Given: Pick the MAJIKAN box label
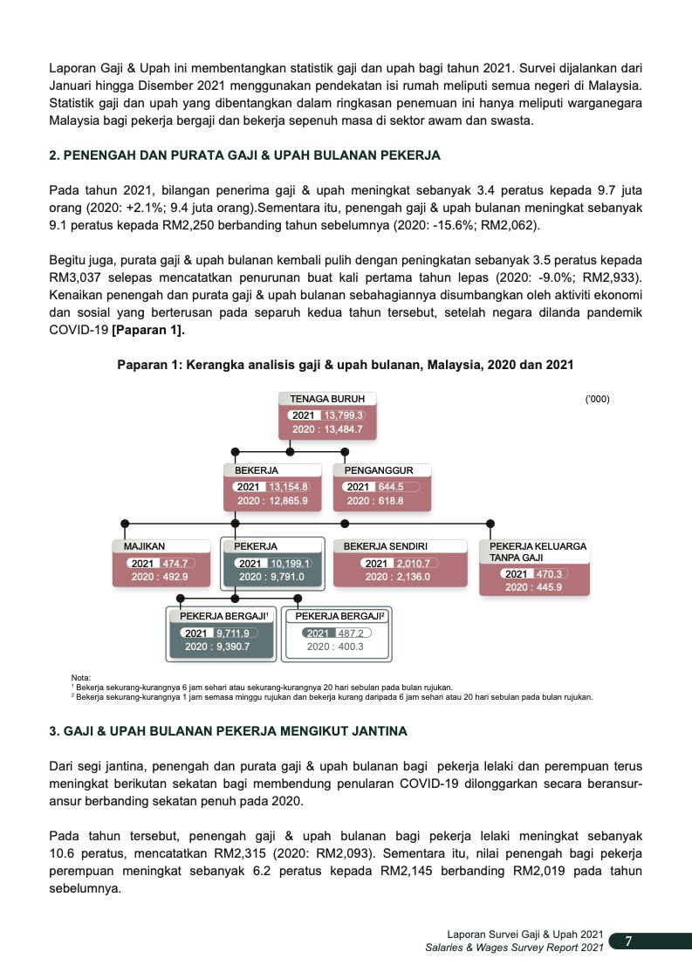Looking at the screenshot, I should pyautogui.click(x=145, y=546).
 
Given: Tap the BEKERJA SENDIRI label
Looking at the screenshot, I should pyautogui.click(x=385, y=546).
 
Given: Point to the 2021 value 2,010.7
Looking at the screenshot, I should pyautogui.click(x=408, y=564).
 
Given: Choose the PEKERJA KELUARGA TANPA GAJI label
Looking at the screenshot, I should pyautogui.click(x=532, y=551).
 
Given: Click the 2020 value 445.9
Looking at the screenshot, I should pyautogui.click(x=534, y=587).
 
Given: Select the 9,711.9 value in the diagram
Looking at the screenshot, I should pyautogui.click(x=233, y=633).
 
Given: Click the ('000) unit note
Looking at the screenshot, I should pyautogui.click(x=597, y=399).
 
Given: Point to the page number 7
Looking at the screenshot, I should pyautogui.click(x=628, y=941).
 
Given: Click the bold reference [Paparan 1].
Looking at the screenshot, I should pyautogui.click(x=149, y=330).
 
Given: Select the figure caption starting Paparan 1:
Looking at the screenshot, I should pyautogui.click(x=346, y=365).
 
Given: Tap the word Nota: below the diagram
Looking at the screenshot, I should pyautogui.click(x=80, y=677).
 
